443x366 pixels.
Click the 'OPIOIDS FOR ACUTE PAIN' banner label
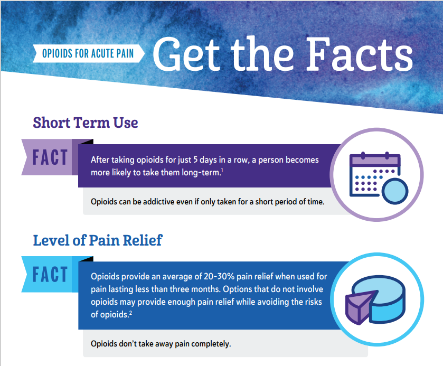(88, 53)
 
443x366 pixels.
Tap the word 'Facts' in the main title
(360, 54)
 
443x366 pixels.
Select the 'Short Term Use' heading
(86, 123)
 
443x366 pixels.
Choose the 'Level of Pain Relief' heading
(98, 240)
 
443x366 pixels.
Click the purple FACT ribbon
(50, 157)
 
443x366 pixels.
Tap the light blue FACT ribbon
(50, 275)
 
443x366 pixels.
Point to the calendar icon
(379, 178)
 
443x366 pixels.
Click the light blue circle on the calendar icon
(395, 191)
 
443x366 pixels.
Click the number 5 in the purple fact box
(195, 160)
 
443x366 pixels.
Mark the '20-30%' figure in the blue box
(219, 276)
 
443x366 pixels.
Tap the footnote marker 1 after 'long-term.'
(222, 170)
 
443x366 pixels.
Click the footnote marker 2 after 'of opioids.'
(130, 312)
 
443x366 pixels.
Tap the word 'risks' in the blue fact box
(313, 302)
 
